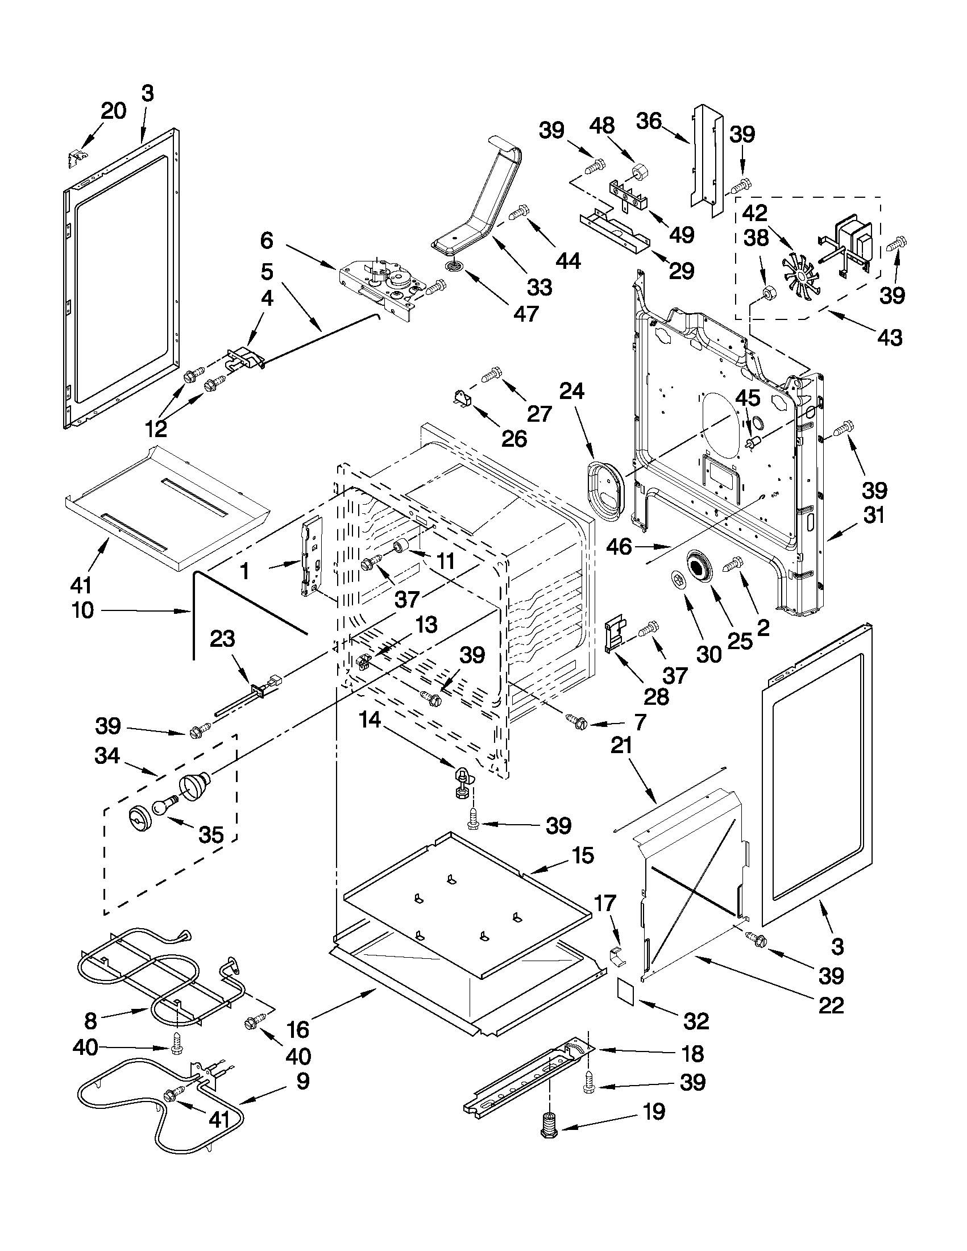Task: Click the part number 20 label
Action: tap(113, 111)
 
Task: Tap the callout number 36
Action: tap(649, 122)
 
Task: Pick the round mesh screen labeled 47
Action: tap(455, 266)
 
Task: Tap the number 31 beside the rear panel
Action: tap(874, 515)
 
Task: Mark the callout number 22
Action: tap(831, 1004)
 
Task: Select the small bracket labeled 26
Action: tap(462, 397)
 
